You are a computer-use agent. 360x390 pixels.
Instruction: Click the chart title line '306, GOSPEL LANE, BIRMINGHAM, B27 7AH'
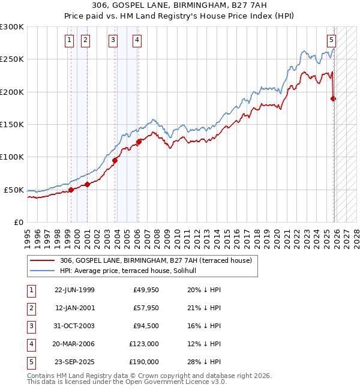[x=179, y=6]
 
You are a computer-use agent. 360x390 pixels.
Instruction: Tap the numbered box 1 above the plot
[x=70, y=40]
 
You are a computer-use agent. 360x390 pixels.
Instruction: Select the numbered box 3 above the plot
[x=113, y=40]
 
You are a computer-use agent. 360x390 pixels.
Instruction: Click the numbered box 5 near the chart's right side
[x=331, y=40]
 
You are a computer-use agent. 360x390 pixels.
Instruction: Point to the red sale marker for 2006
[x=139, y=142]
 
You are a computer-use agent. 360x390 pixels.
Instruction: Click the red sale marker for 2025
[x=333, y=98]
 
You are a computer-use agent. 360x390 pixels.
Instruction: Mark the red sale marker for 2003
[x=115, y=160]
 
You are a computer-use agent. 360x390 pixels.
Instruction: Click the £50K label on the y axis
[x=14, y=190]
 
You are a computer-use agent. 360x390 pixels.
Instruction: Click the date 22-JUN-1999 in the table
[x=74, y=290]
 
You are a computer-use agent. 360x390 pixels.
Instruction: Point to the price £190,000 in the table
[x=144, y=362]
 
